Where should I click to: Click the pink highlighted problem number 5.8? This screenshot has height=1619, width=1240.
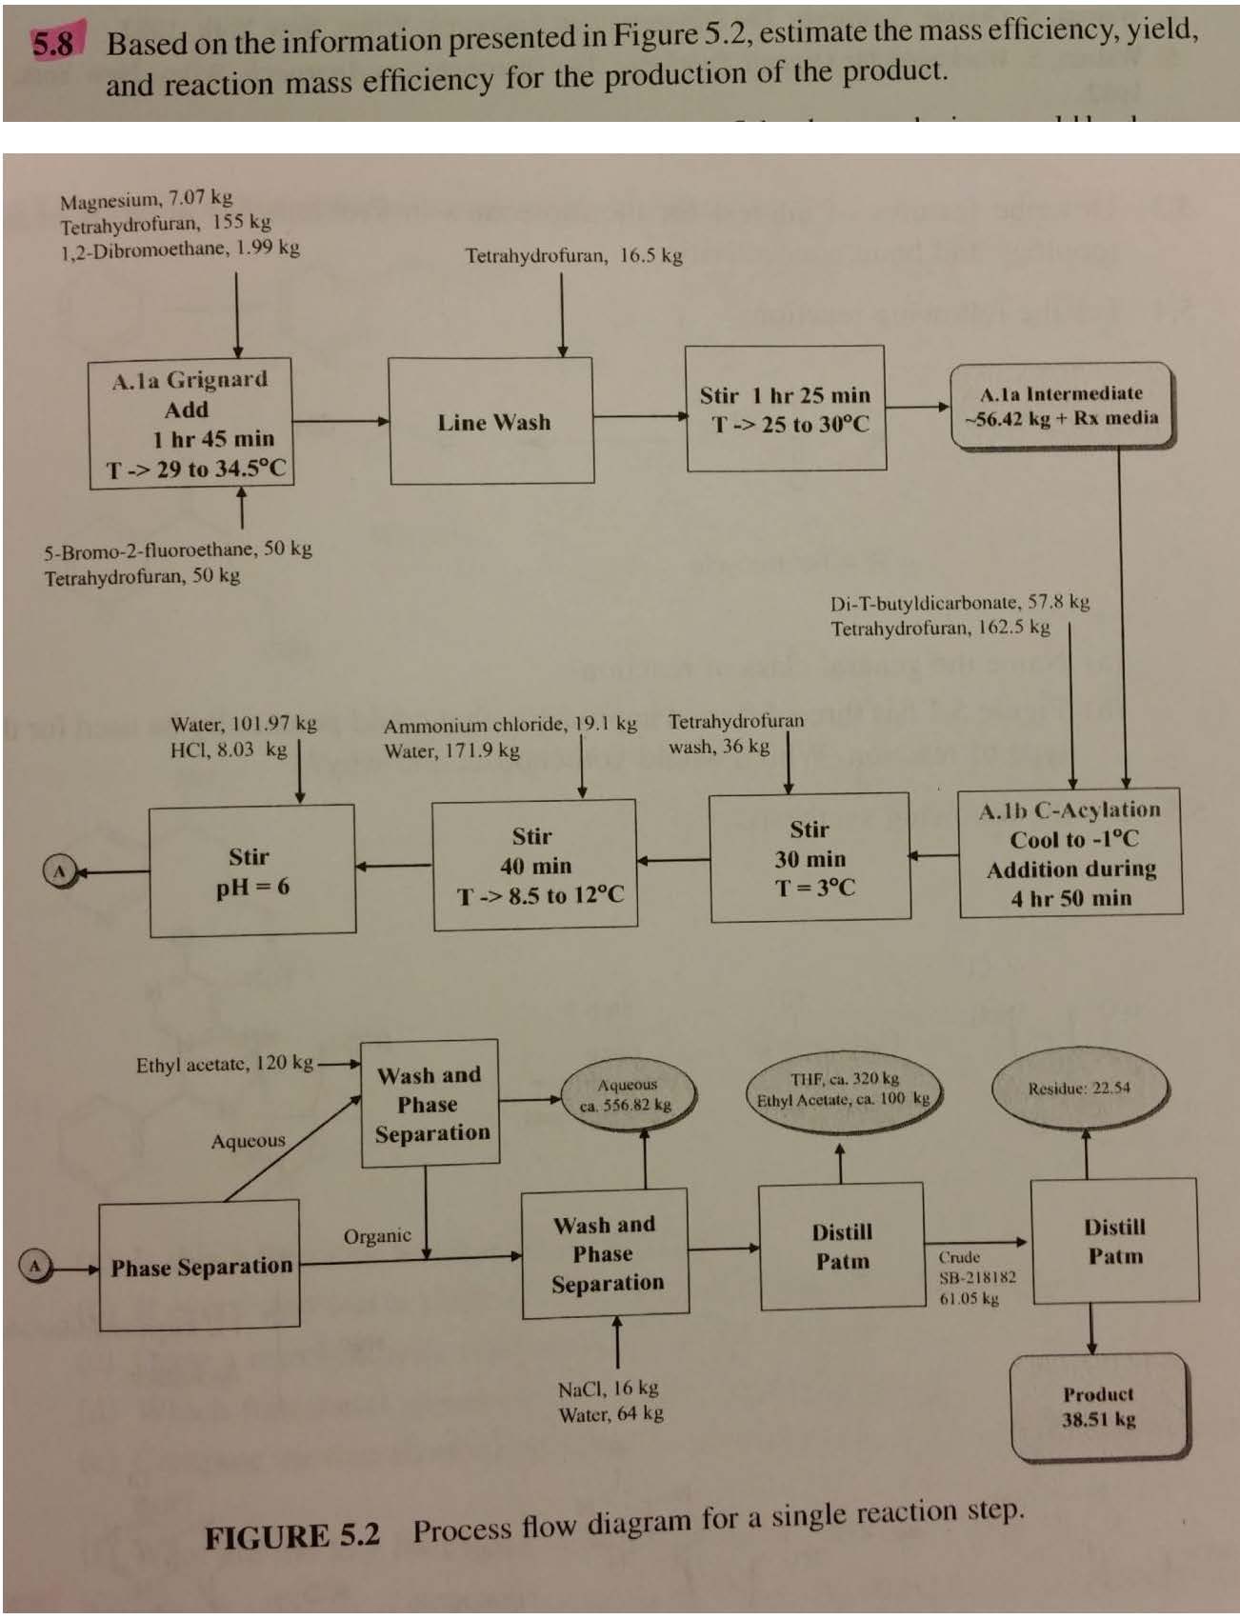[52, 44]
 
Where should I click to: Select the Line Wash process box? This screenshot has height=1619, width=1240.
[491, 421]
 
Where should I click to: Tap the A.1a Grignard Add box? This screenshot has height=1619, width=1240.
[191, 423]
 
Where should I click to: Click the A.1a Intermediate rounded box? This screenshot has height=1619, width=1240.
[1061, 406]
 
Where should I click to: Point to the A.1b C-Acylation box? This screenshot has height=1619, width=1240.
[1070, 853]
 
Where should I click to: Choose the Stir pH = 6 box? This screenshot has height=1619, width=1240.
[252, 870]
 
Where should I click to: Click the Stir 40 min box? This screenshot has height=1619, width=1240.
[535, 865]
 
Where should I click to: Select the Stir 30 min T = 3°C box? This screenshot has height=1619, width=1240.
[810, 859]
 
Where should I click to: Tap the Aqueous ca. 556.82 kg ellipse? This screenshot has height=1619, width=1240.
[626, 1095]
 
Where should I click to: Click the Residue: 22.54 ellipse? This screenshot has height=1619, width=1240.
[1079, 1089]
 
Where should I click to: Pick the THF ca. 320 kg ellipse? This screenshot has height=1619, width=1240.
[844, 1089]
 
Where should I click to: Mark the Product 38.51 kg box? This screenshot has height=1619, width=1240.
[1099, 1407]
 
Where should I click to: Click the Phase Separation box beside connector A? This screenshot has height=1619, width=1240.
[200, 1266]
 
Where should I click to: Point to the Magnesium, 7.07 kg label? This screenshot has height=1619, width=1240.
[146, 199]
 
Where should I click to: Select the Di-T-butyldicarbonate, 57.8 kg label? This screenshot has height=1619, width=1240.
[959, 603]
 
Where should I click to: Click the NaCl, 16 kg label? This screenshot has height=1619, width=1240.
[608, 1389]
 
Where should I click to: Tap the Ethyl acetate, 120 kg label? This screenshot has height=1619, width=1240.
[224, 1064]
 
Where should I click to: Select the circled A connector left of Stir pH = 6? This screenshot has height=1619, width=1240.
[59, 870]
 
